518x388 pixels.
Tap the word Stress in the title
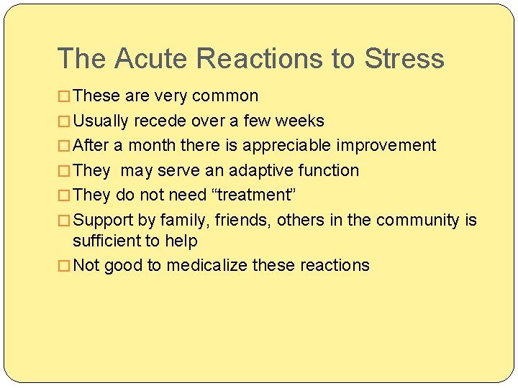coord(404,58)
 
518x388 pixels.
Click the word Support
coord(104,220)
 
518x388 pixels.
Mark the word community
coord(417,220)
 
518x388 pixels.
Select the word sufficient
coord(108,241)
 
